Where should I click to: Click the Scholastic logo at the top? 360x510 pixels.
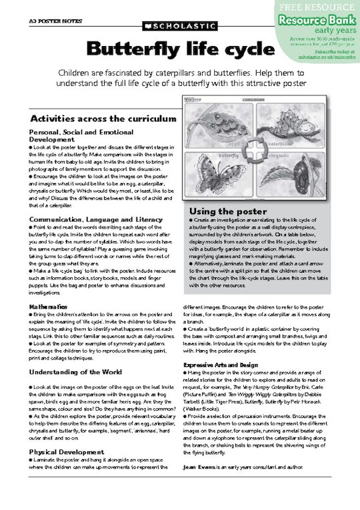179,26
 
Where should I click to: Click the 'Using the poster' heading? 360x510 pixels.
223,211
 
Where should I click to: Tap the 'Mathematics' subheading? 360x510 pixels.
48,306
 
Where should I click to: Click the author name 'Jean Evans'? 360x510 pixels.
199,469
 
